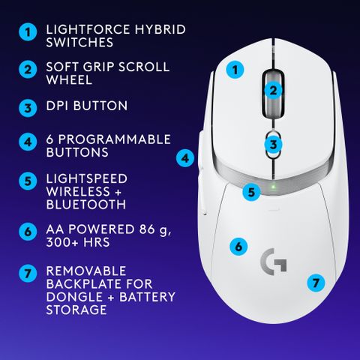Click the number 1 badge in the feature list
click(x=28, y=34)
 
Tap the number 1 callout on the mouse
click(x=235, y=70)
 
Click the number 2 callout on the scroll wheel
click(x=274, y=91)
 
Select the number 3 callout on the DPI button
click(x=274, y=144)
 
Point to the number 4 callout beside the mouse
click(x=185, y=158)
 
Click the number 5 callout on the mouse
click(x=253, y=192)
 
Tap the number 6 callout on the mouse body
click(x=238, y=246)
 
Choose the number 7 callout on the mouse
click(x=316, y=283)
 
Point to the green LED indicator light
click(x=274, y=186)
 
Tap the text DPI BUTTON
click(x=87, y=106)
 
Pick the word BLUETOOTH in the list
click(x=85, y=204)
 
